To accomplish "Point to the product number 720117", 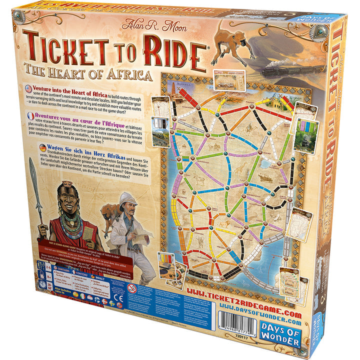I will (x=227, y=339).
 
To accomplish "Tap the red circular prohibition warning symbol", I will (x=132, y=288).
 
